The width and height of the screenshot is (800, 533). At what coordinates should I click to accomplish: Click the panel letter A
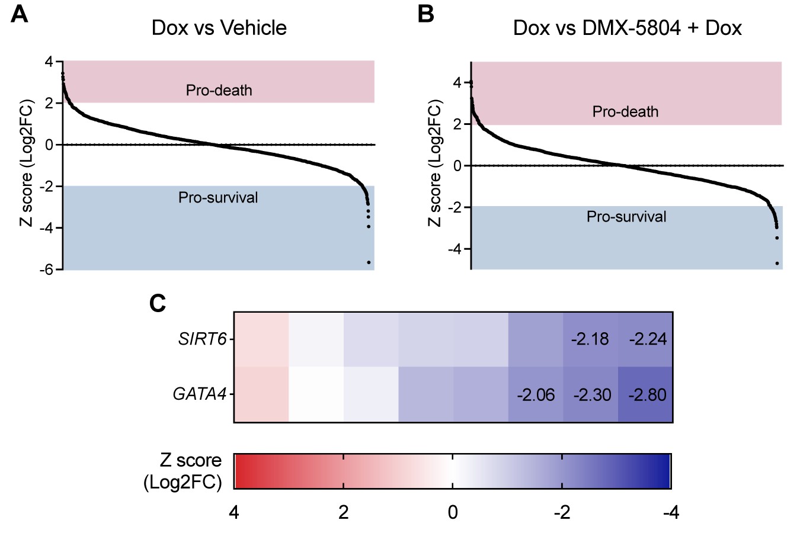pos(20,14)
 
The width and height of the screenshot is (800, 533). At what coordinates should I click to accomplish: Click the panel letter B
pos(425,14)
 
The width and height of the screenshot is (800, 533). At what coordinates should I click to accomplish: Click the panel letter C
pos(158,303)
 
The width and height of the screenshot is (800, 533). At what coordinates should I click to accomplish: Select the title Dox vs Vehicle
pos(219,28)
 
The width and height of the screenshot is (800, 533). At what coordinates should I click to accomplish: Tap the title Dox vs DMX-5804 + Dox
pos(627,28)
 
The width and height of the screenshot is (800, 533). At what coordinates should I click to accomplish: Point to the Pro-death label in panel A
pos(219,91)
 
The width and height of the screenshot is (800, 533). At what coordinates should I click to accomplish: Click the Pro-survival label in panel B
pos(626,217)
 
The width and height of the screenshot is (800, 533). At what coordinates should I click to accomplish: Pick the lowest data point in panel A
pos(369,262)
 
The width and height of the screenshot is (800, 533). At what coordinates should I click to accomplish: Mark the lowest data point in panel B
pos(777,264)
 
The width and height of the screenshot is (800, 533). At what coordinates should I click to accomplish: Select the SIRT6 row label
pos(203,339)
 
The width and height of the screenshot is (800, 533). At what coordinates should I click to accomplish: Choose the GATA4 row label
pos(200,394)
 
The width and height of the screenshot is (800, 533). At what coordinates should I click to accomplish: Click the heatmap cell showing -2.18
pos(590,339)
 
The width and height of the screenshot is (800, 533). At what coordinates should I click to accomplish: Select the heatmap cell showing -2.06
pos(536,394)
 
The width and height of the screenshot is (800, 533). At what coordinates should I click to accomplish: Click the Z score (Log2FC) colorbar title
pos(183,471)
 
